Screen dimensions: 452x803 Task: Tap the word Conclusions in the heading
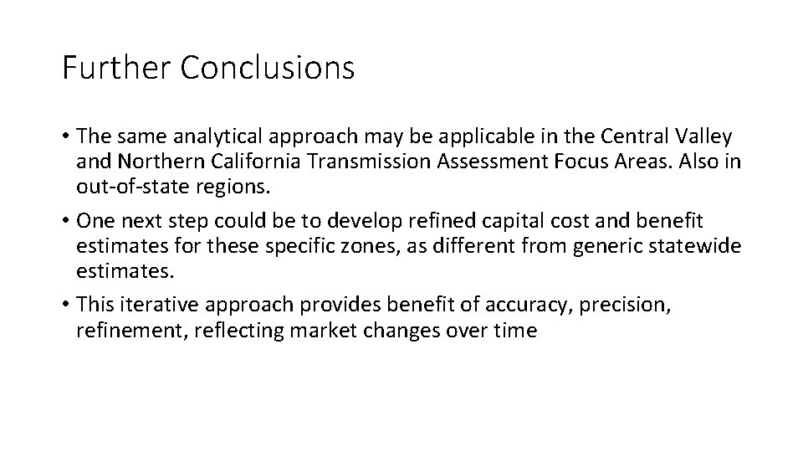click(x=268, y=68)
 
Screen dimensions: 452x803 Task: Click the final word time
click(x=514, y=331)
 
